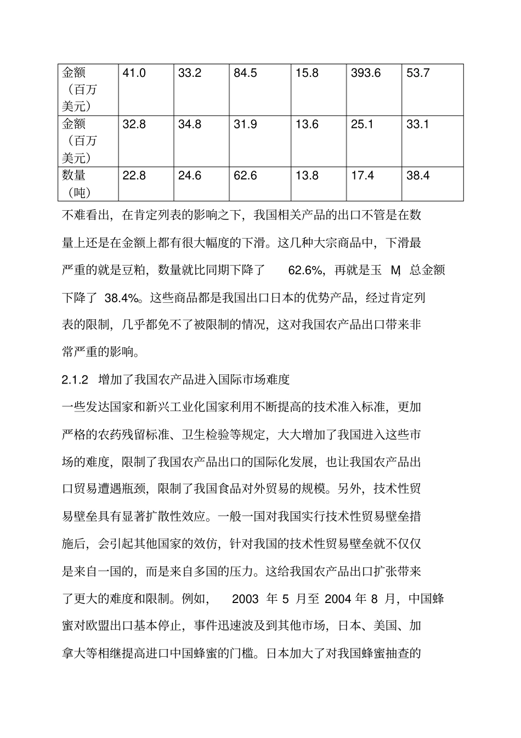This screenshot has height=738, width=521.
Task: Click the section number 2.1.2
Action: [75, 379]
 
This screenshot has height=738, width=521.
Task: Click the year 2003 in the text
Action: [245, 599]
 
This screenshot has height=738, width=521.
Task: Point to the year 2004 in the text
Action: [338, 599]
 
